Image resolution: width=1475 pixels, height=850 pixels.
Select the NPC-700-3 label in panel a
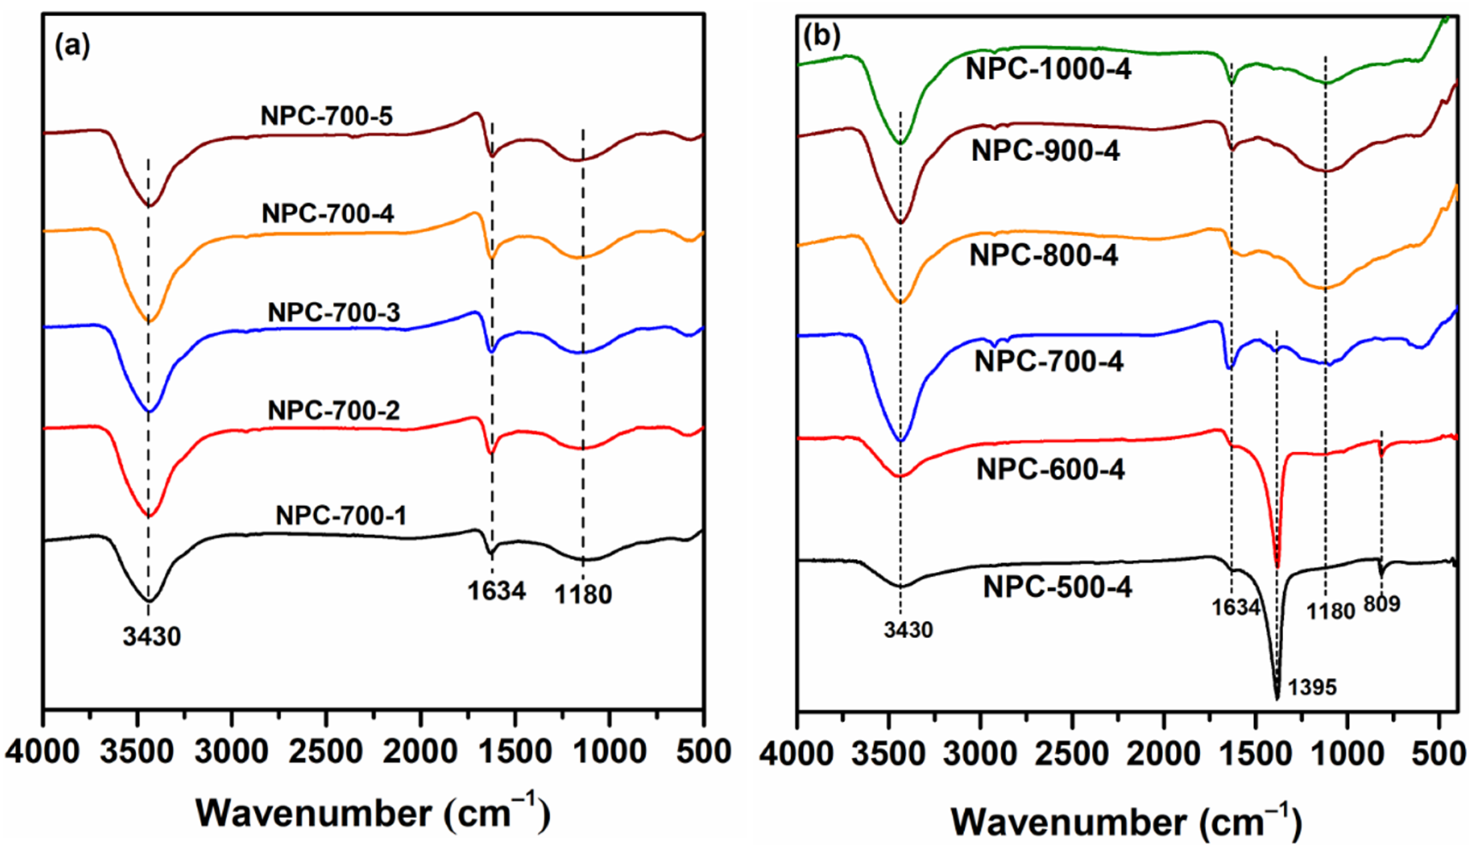coord(334,313)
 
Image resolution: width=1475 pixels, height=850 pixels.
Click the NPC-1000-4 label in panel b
coord(1048,69)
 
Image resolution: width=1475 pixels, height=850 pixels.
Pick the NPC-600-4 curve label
coord(1050,469)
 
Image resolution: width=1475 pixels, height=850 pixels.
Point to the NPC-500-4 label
coord(1057,587)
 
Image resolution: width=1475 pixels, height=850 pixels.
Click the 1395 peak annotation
coord(1312,688)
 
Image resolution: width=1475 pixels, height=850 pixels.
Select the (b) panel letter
coord(822,36)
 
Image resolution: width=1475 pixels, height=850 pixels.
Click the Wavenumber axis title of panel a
coord(373,813)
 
